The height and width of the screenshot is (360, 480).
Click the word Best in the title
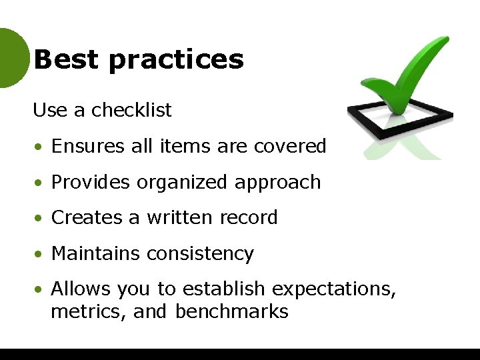pyautogui.click(x=65, y=59)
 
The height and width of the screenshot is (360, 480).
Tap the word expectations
pyautogui.click(x=335, y=290)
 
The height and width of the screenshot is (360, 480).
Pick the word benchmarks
pyautogui.click(x=232, y=311)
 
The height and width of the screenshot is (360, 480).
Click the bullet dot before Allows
pyautogui.click(x=40, y=290)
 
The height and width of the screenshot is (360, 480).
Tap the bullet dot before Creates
pyautogui.click(x=40, y=218)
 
